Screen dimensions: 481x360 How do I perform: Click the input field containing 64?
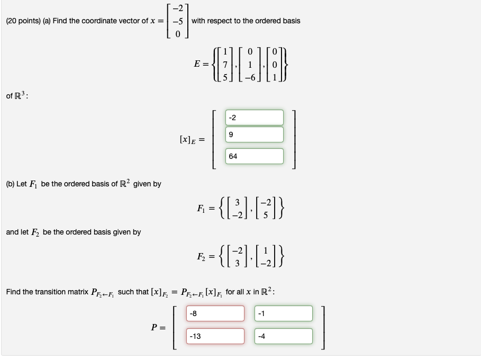pos(254,156)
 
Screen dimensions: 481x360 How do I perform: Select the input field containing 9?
pos(254,134)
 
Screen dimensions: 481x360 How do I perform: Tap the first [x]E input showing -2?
pos(254,118)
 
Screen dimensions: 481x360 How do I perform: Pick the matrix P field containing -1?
pos(283,313)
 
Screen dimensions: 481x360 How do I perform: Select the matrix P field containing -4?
pos(283,336)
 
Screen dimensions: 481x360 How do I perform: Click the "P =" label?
pos(158,327)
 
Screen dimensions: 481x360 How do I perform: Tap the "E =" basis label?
pos(201,64)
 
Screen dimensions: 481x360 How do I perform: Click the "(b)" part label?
pos(11,184)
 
